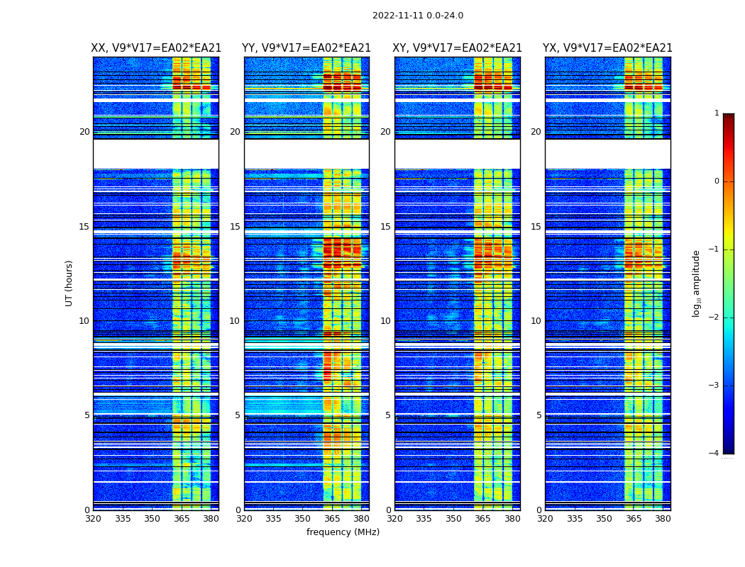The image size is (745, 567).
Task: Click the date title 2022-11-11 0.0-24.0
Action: pos(417,16)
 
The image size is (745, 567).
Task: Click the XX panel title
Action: pos(156,48)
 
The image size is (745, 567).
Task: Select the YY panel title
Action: pos(307,48)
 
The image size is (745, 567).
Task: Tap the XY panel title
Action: pos(458,48)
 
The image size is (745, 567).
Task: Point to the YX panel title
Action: pos(607,48)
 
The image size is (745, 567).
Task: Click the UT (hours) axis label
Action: pos(70,283)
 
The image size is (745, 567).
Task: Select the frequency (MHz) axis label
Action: pos(343,532)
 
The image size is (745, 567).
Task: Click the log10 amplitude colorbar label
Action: pos(696,283)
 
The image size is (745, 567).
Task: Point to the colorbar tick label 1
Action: pos(717,113)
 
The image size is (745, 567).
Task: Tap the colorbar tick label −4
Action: pos(714,454)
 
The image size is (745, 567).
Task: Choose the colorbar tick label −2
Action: pos(714,318)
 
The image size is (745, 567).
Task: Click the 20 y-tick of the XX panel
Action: pos(84,132)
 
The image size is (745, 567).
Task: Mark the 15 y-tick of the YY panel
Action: pos(235,227)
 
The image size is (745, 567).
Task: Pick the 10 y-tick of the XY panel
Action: pos(385,321)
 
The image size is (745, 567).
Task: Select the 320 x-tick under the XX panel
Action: pos(93,519)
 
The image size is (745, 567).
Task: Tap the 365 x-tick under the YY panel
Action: pos(332,519)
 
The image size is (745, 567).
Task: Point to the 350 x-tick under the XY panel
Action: pos(453,519)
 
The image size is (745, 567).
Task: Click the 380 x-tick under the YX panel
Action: pos(663,519)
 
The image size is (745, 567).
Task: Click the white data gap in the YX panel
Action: pos(607,154)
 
